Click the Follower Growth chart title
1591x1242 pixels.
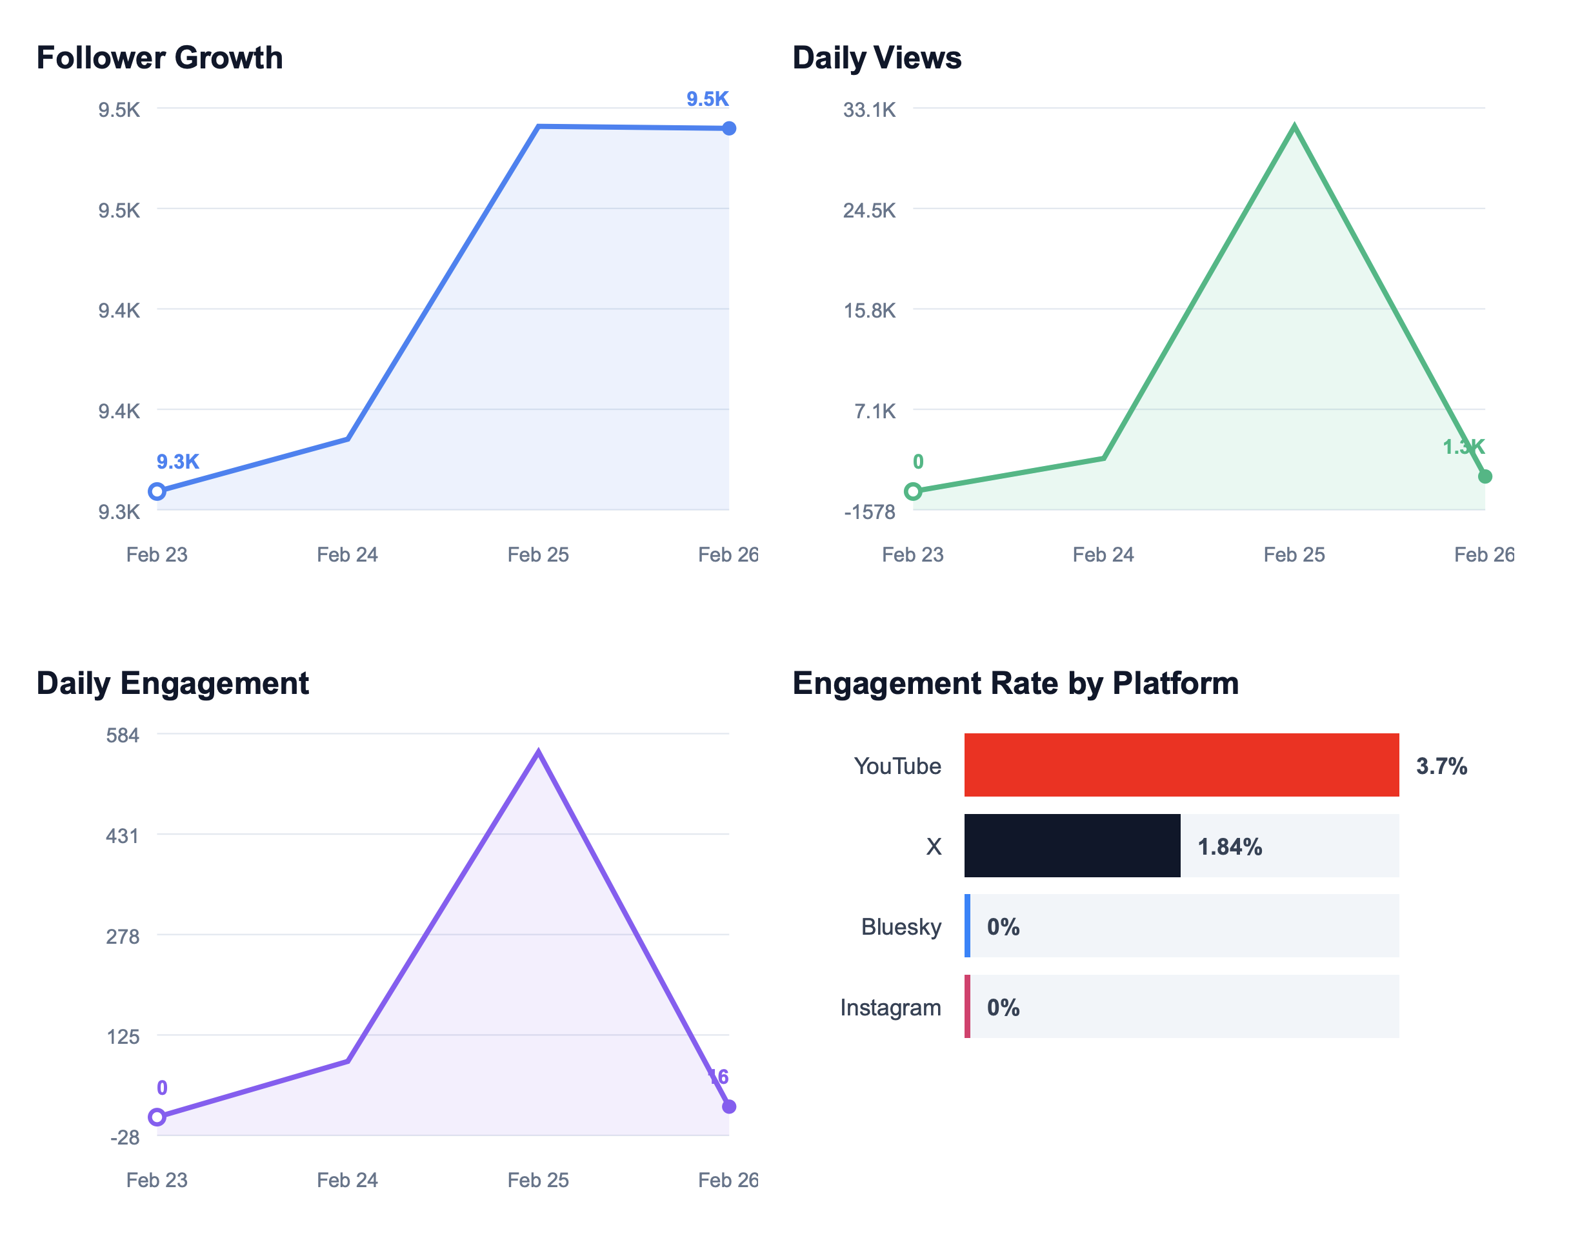click(x=159, y=57)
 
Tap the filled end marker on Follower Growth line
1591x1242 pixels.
click(x=728, y=128)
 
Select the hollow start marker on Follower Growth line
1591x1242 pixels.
click(x=157, y=491)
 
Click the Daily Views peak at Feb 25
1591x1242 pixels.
click(x=1294, y=128)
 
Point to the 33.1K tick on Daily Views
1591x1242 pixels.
click(x=869, y=110)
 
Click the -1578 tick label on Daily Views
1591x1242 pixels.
click(x=869, y=512)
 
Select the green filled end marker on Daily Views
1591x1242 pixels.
click(x=1485, y=476)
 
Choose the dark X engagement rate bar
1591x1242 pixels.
click(x=1072, y=846)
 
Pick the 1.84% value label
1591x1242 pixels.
click(x=1229, y=846)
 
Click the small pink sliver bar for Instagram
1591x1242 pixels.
click(x=967, y=1006)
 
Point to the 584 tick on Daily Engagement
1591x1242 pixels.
click(x=123, y=735)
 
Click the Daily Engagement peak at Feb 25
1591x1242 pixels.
click(x=537, y=752)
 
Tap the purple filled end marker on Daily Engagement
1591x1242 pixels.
click(x=728, y=1106)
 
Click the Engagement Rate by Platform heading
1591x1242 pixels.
click(x=1015, y=683)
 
